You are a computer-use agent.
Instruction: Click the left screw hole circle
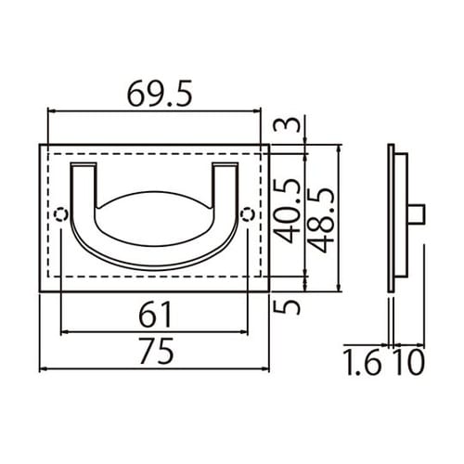[61, 214]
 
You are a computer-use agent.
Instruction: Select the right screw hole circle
[246, 214]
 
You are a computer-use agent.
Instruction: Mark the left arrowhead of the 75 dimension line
[43, 370]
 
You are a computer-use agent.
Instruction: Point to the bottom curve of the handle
[153, 267]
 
